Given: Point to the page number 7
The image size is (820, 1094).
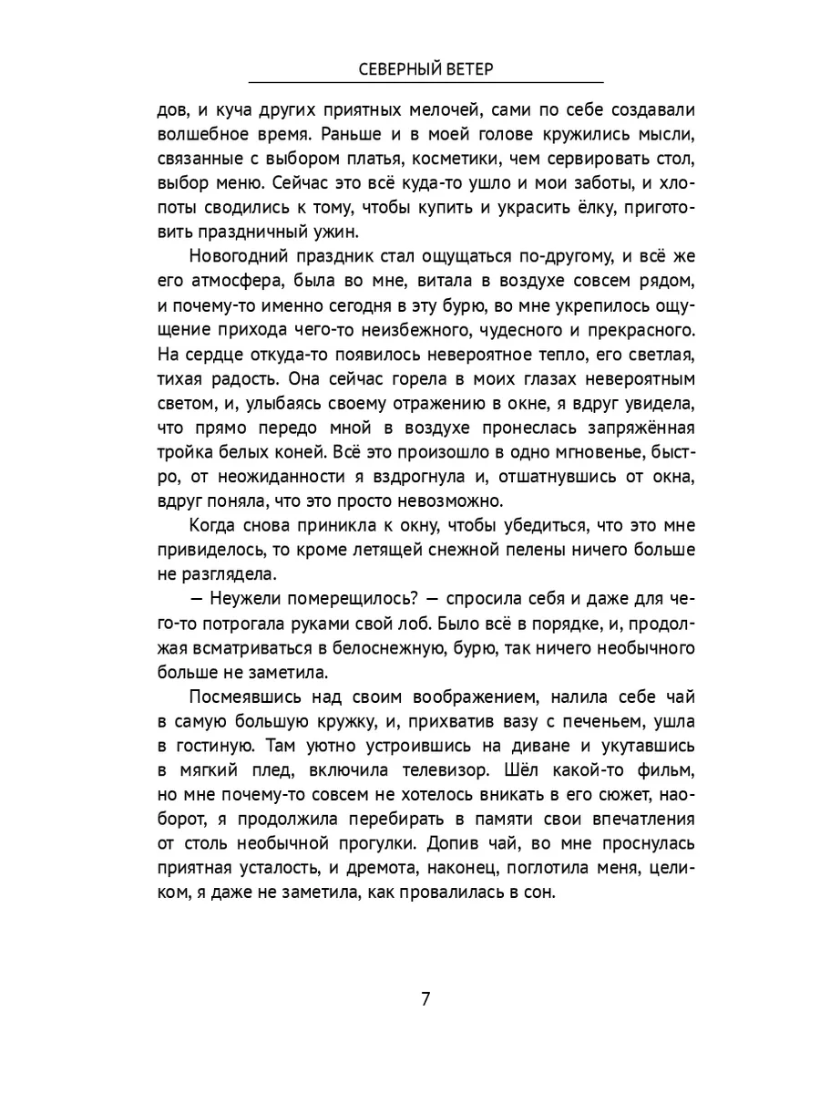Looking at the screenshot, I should [425, 996].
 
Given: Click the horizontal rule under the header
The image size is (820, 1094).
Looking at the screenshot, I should [425, 83].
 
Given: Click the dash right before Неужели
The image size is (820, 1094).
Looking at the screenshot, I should [197, 600].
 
